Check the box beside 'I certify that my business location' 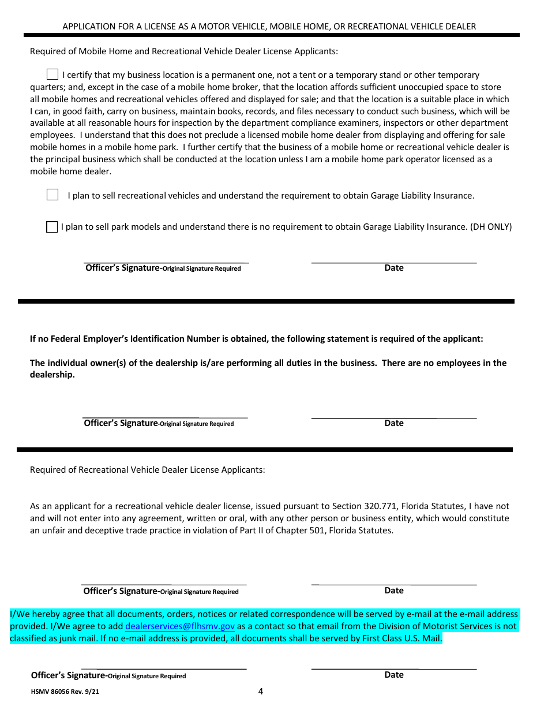point(52,74)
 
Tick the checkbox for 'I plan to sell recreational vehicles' point(52,195)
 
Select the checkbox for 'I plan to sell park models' point(52,227)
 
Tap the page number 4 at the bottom point(260,692)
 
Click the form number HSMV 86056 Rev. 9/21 point(69,690)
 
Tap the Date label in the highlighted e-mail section point(394,675)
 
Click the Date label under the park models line point(394,268)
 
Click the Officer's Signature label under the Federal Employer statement point(121,423)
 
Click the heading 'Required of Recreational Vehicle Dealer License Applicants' point(147,470)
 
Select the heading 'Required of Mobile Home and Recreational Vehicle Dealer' point(183,51)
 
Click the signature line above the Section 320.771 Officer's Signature point(164,584)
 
